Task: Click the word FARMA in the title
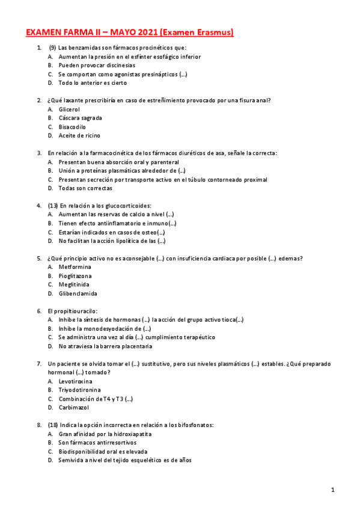point(76,32)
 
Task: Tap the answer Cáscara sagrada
point(81,118)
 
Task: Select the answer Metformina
point(75,266)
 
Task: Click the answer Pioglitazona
point(76,275)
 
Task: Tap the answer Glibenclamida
point(78,293)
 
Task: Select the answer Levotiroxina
point(76,381)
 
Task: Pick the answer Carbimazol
point(74,407)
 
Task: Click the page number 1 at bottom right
point(332,490)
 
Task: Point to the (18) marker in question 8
point(53,425)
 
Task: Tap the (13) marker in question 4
point(53,206)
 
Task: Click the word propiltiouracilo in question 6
point(75,311)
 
